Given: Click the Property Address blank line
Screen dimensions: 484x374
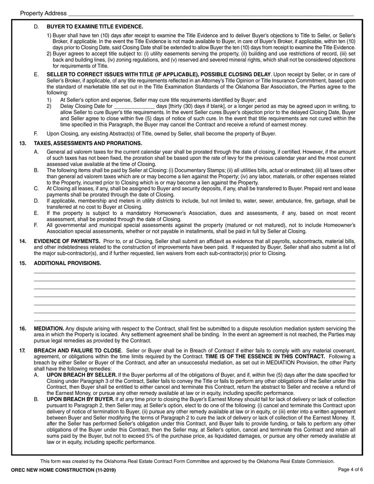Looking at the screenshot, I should click(211, 14).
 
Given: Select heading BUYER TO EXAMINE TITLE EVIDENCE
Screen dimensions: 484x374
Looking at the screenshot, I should click(95, 27).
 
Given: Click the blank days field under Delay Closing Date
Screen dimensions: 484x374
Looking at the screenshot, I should click(134, 106).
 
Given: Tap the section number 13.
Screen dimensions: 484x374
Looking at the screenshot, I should click(22, 143).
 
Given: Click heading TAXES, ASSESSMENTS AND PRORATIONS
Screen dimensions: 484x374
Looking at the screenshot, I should click(88, 143).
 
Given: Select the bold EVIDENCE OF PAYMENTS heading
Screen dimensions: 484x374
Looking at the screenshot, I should click(67, 241).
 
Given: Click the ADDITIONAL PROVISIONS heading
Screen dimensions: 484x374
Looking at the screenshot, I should click(67, 263).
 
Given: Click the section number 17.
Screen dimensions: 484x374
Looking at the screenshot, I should click(22, 351).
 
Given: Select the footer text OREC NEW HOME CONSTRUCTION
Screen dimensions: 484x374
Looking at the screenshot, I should click(63, 470).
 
